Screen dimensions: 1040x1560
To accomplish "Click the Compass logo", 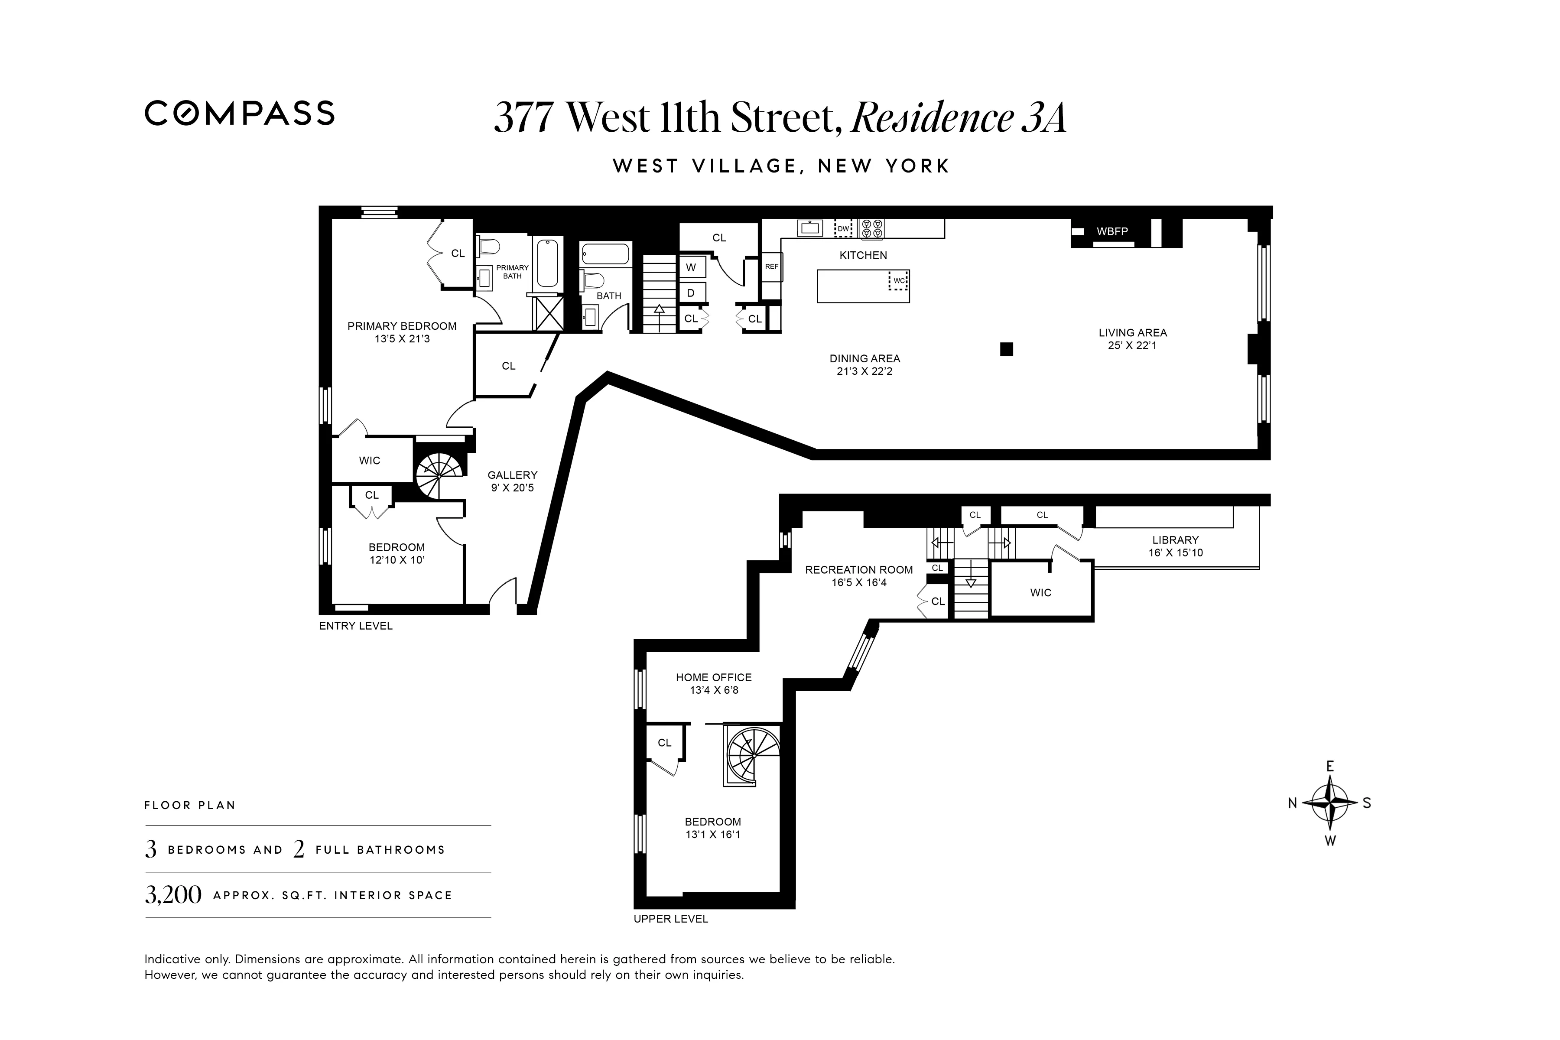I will click(x=240, y=114).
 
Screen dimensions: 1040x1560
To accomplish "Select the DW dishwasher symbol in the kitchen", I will click(x=843, y=229).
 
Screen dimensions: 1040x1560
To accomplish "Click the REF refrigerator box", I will click(x=771, y=266).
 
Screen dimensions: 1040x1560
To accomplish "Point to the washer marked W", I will click(x=691, y=267).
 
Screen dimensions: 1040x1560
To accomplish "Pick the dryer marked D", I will click(x=691, y=292).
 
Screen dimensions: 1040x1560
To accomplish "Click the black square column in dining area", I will click(x=1006, y=349).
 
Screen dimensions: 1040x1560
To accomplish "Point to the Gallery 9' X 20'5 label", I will click(x=512, y=481).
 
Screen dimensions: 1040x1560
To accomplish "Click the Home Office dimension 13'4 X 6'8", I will click(x=714, y=690).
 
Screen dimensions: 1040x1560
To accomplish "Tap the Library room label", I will click(x=1175, y=540).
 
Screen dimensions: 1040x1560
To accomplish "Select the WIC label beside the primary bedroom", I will click(x=370, y=460).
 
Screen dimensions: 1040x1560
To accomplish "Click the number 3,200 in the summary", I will click(x=173, y=895).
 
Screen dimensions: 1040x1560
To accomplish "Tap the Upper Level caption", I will click(x=670, y=919).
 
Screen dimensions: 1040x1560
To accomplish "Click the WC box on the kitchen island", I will click(x=899, y=280).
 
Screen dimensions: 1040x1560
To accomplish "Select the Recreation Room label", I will click(x=858, y=570).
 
